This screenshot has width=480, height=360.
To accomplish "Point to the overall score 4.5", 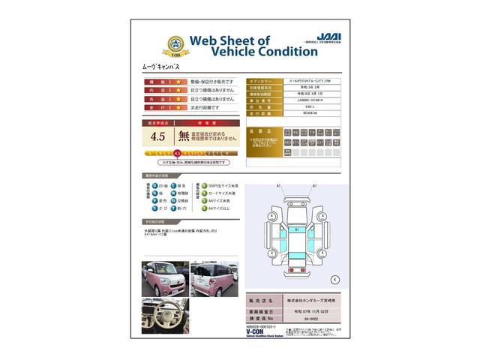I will click(157, 136).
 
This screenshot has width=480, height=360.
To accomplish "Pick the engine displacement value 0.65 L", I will click(303, 106).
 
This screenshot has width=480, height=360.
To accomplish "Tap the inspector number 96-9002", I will click(303, 319).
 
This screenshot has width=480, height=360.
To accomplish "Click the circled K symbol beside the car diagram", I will click(334, 279).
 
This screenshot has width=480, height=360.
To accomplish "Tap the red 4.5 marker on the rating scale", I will click(177, 152).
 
